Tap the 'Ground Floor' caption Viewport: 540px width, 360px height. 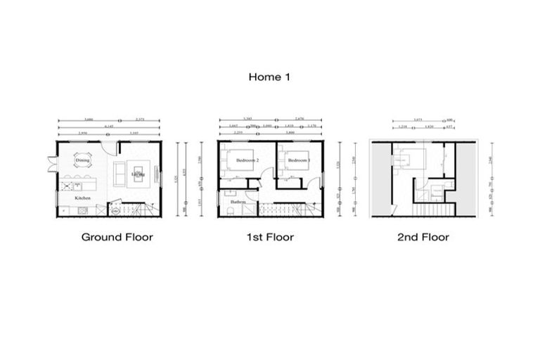[x=117, y=237]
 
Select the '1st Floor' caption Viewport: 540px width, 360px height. [x=270, y=237]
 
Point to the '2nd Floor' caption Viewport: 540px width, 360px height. [x=423, y=237]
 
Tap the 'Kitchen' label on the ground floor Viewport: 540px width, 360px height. [x=83, y=198]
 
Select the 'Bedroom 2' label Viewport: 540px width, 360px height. [x=247, y=160]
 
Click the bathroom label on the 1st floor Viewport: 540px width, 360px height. [x=238, y=202]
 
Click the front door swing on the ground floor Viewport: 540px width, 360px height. [x=108, y=148]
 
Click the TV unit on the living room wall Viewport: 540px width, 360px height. [x=159, y=173]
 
